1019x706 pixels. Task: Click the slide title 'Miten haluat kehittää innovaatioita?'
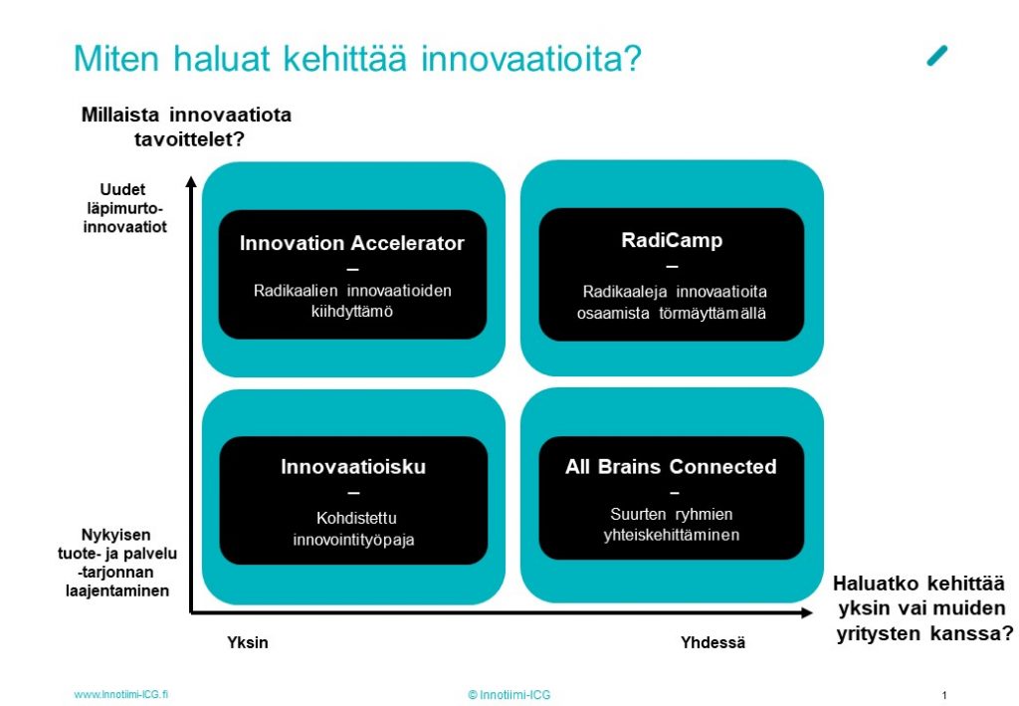(x=357, y=59)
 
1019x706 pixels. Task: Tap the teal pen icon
(x=937, y=56)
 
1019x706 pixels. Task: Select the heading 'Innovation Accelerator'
(x=351, y=243)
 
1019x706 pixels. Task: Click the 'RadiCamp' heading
(x=672, y=241)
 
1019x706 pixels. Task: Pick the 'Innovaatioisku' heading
(x=353, y=467)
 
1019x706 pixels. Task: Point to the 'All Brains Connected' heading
(x=671, y=467)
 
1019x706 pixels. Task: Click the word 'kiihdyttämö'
(x=351, y=312)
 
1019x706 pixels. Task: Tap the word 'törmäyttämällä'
(x=713, y=314)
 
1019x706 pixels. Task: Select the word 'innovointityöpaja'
(x=353, y=541)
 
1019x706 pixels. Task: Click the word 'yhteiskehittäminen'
(x=672, y=535)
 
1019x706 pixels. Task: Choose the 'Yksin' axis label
(x=248, y=642)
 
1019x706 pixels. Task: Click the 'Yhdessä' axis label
(x=713, y=642)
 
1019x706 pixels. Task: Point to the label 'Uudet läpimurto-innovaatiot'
(x=124, y=208)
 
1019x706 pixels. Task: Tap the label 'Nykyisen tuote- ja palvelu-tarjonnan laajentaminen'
(x=117, y=563)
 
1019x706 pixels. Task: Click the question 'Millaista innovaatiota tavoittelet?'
(x=186, y=126)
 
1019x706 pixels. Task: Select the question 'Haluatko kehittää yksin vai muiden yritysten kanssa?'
(x=922, y=608)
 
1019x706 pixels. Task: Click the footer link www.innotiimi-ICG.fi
(x=120, y=694)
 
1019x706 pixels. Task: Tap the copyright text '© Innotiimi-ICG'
(x=509, y=695)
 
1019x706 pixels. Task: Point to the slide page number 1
(x=944, y=696)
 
